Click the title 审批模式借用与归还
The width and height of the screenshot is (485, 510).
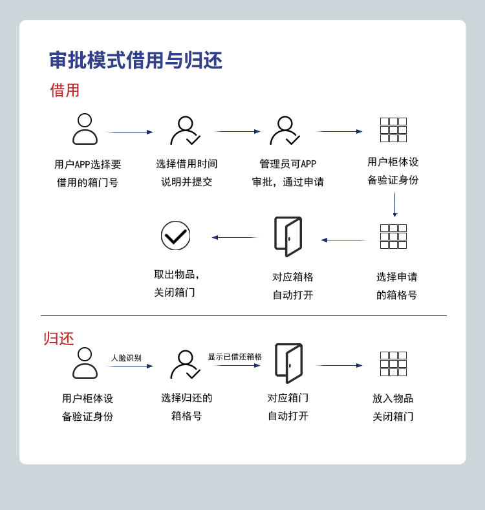(x=136, y=61)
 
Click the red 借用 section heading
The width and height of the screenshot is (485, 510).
(x=65, y=90)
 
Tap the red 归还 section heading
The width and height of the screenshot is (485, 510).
(x=59, y=338)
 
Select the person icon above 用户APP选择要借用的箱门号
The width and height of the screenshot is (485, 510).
(x=85, y=129)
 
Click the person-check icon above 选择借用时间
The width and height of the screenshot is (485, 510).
(x=185, y=131)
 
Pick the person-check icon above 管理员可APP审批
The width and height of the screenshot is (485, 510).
(x=285, y=131)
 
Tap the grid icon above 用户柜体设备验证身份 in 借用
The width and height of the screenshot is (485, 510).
(x=393, y=130)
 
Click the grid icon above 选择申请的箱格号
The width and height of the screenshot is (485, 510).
(x=393, y=237)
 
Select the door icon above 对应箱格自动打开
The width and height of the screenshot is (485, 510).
(x=288, y=237)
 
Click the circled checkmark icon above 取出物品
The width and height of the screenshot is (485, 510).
(x=176, y=236)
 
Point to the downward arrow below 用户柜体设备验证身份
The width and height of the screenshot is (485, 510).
(x=395, y=204)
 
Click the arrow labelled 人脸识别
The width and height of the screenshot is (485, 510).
(x=130, y=366)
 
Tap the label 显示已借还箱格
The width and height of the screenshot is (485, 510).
(x=235, y=357)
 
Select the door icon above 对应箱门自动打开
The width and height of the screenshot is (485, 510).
(x=288, y=363)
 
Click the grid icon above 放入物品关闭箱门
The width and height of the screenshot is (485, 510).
(x=393, y=364)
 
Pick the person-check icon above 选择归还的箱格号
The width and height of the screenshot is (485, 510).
(x=185, y=365)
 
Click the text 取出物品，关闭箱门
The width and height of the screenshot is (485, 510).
(x=176, y=283)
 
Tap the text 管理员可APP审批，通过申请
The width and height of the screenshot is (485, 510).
(x=288, y=173)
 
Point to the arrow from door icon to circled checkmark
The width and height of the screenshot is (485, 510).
(x=234, y=237)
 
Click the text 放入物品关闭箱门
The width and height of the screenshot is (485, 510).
(x=393, y=407)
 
